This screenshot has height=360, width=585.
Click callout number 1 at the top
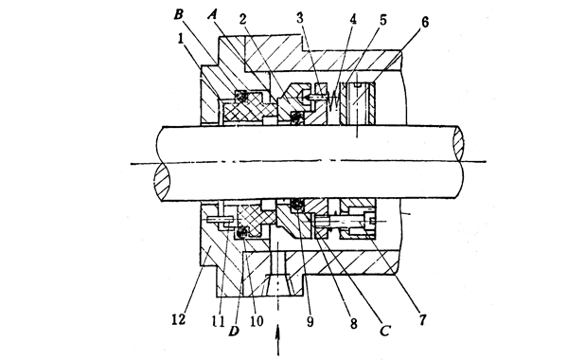click(x=217, y=17)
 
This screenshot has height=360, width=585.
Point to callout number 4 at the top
click(x=352, y=17)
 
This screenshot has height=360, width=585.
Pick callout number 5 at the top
click(x=381, y=17)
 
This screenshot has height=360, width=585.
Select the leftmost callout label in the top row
click(x=178, y=14)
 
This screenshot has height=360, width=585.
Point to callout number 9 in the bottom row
click(x=311, y=323)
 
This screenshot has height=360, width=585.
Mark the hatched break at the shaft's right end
click(x=460, y=149)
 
